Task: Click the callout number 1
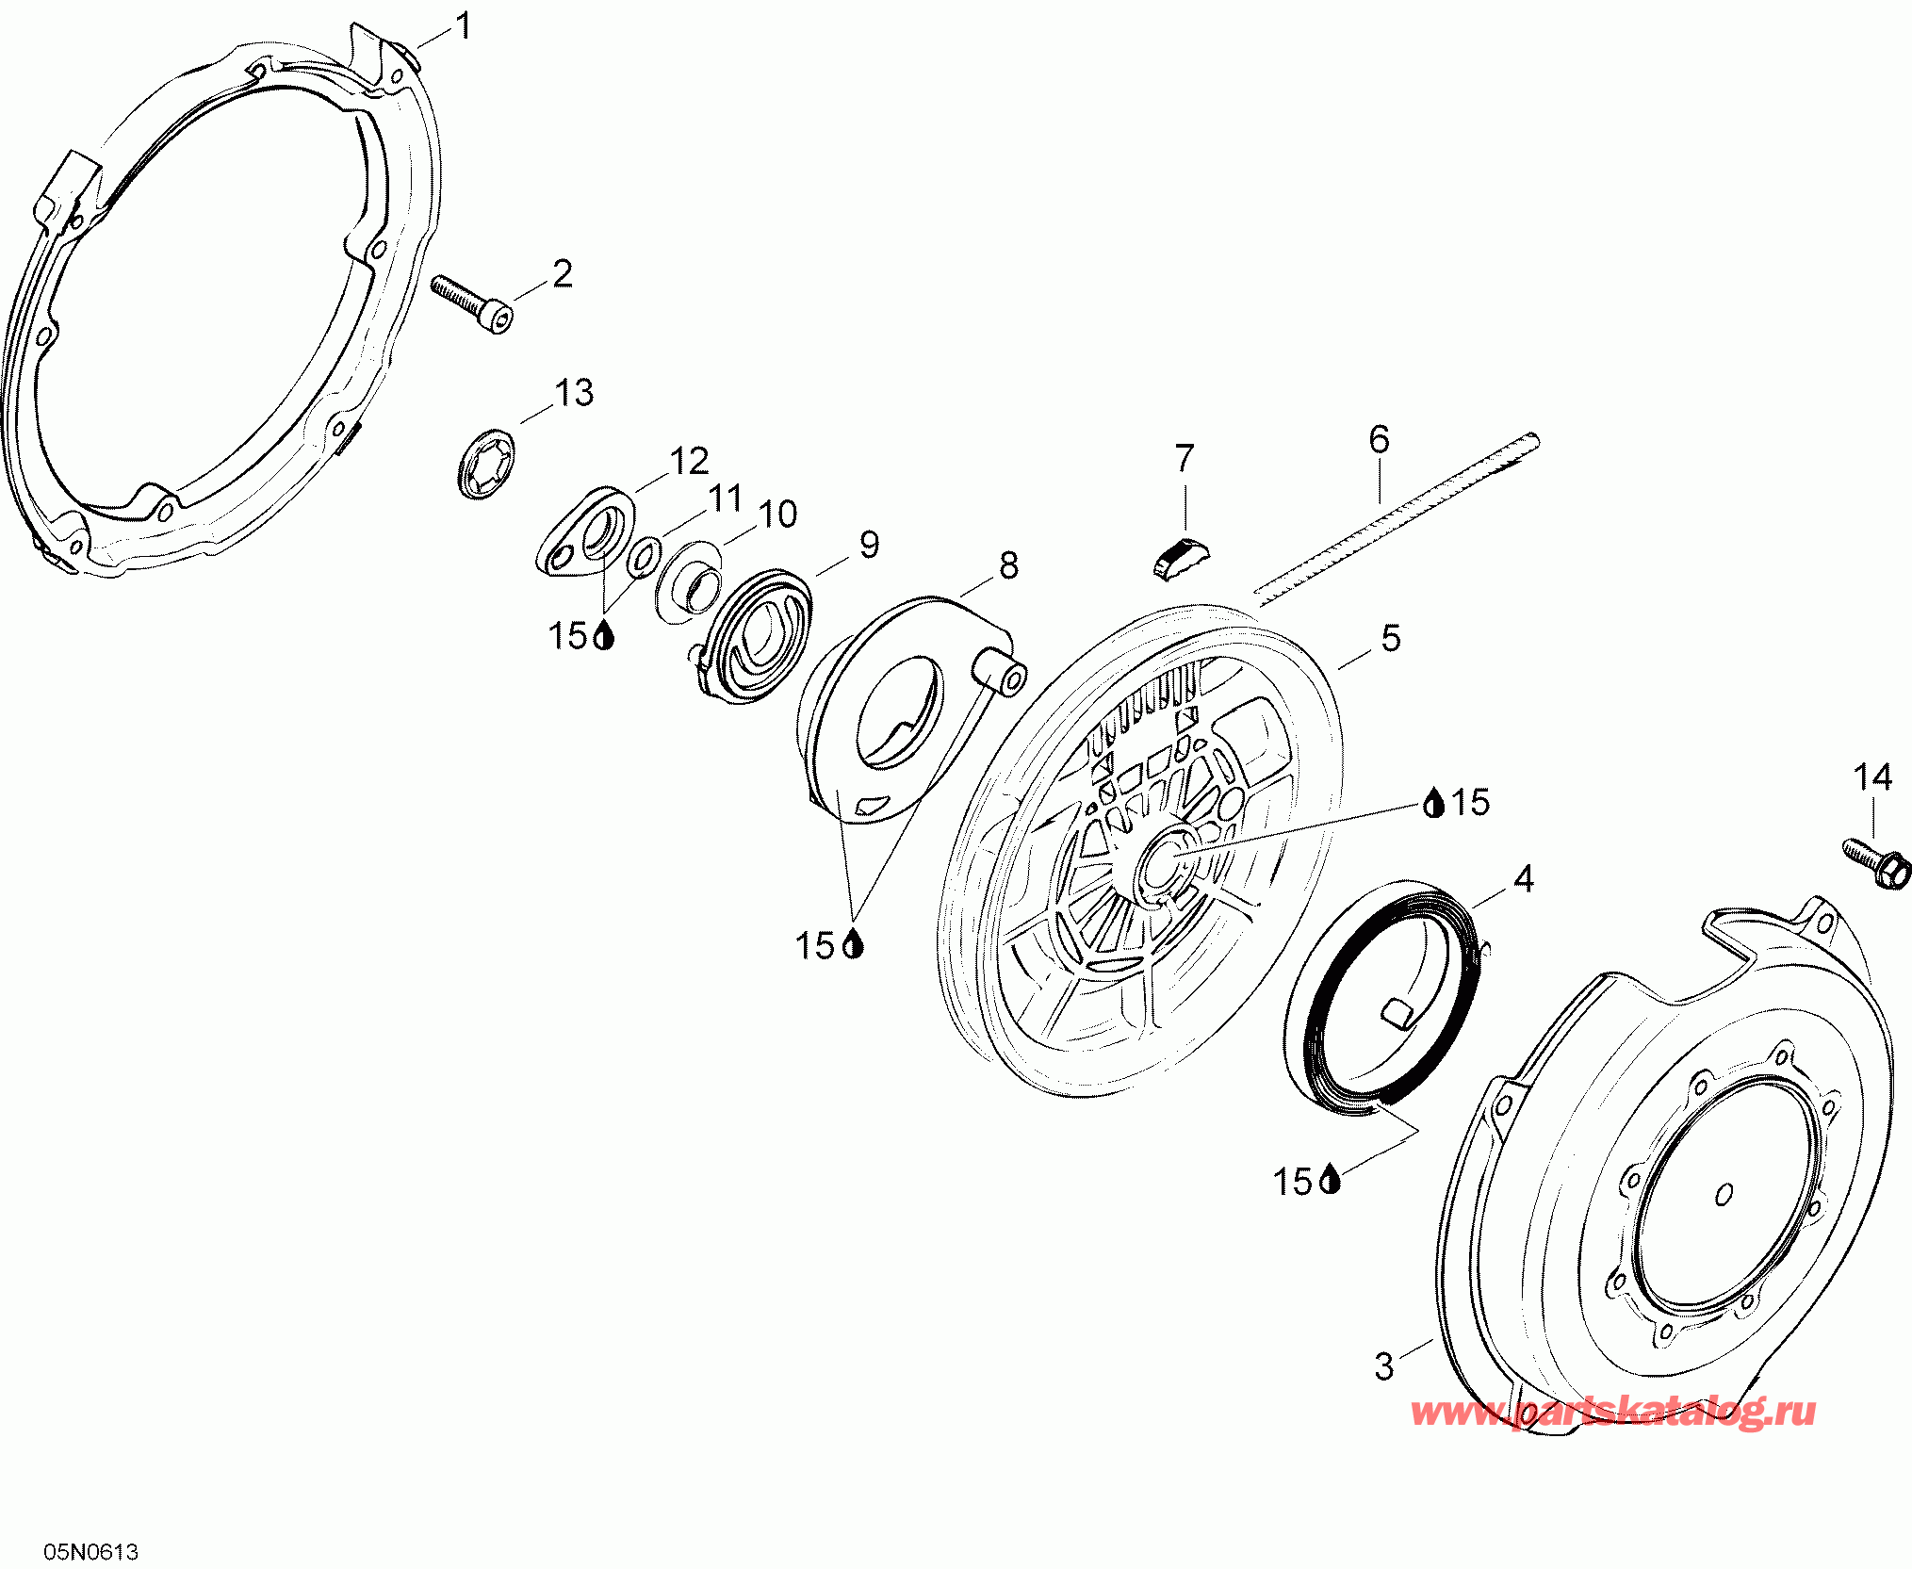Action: point(463,26)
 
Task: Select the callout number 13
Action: point(573,393)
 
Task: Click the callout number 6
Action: point(1379,439)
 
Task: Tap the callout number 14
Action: point(1872,778)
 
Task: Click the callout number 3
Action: point(1383,1366)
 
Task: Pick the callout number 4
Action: point(1524,880)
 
